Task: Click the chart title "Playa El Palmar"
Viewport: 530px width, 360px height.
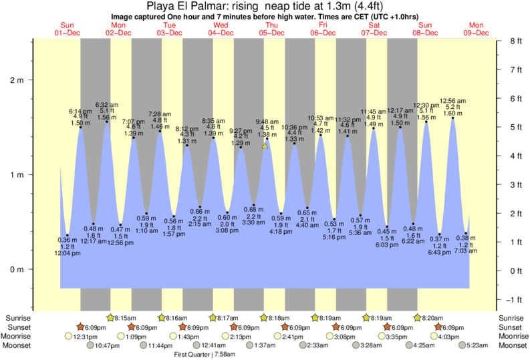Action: [264, 6]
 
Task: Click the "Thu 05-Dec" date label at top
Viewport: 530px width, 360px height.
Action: [272, 28]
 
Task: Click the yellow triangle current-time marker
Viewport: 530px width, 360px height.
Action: [265, 145]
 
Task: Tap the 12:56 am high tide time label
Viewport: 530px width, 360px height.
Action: [452, 101]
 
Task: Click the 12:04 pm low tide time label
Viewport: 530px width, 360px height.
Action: [68, 254]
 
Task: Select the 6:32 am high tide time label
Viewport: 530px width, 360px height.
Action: [107, 105]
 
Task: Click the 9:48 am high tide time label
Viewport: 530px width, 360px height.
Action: [267, 122]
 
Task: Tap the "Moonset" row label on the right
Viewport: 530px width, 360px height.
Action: [511, 345]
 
